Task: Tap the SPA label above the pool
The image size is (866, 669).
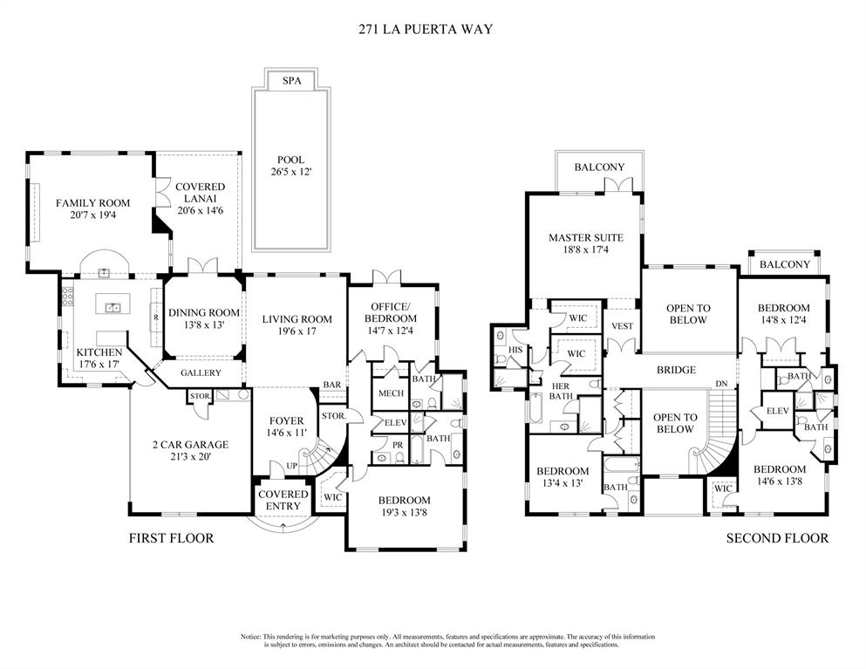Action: pyautogui.click(x=290, y=80)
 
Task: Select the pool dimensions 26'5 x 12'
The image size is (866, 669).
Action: pyautogui.click(x=290, y=173)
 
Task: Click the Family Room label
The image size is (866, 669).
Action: pyautogui.click(x=92, y=203)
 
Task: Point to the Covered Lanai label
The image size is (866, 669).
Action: pyautogui.click(x=201, y=187)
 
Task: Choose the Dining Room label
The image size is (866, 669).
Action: pyautogui.click(x=203, y=313)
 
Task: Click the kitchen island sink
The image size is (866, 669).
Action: pyautogui.click(x=113, y=307)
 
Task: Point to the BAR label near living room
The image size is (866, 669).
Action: pyautogui.click(x=331, y=384)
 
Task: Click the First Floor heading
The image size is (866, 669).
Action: pyautogui.click(x=171, y=538)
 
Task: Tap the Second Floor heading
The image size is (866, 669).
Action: pyautogui.click(x=777, y=538)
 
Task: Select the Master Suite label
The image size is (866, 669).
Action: pyautogui.click(x=585, y=237)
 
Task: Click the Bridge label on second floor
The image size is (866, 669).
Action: pyautogui.click(x=676, y=370)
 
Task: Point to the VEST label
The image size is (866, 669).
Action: pyautogui.click(x=622, y=326)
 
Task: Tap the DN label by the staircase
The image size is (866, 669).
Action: pyautogui.click(x=720, y=384)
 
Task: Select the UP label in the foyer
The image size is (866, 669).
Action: pyautogui.click(x=292, y=466)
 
